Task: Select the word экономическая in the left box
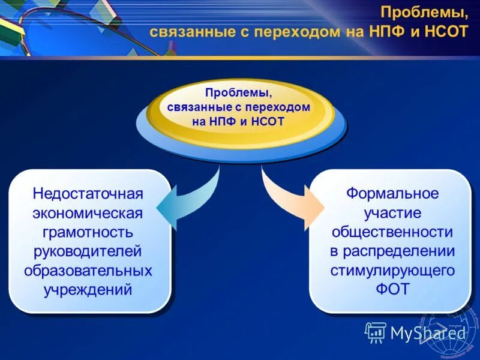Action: tap(88, 213)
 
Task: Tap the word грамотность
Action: tap(88, 232)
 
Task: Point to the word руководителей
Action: tap(88, 251)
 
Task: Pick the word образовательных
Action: tap(88, 271)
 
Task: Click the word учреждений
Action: tap(88, 290)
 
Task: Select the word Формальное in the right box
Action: tap(392, 194)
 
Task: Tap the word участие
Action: tap(392, 213)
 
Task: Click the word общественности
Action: tap(392, 232)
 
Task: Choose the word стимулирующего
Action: tap(392, 271)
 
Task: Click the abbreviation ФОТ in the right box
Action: tap(392, 290)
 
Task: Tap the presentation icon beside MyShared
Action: tap(376, 332)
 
